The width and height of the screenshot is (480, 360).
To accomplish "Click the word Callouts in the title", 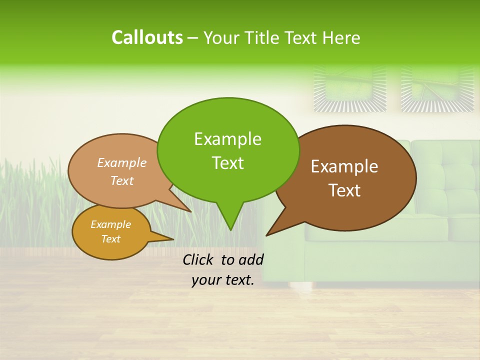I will [x=147, y=37].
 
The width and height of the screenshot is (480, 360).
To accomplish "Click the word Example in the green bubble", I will [x=228, y=138].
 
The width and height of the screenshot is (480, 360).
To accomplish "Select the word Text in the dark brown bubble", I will [x=344, y=190].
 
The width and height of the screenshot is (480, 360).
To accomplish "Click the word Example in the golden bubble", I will [x=111, y=224].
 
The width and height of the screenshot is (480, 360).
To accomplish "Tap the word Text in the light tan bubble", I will [x=122, y=180].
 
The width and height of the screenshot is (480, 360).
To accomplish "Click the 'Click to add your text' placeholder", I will [x=223, y=269].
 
